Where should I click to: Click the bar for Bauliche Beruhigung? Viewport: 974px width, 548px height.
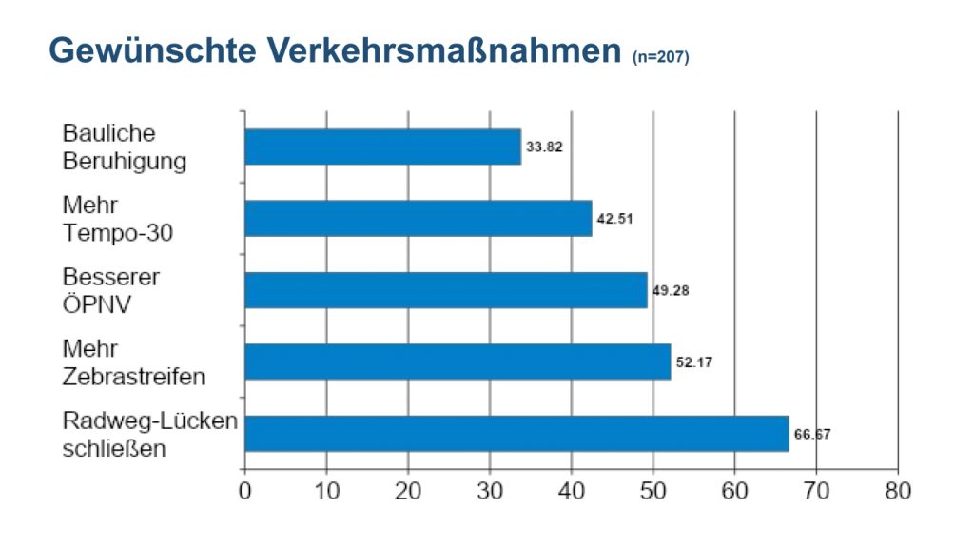click(382, 147)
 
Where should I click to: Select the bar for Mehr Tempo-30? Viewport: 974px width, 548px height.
click(418, 218)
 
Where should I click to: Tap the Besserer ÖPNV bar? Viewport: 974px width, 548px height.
click(445, 289)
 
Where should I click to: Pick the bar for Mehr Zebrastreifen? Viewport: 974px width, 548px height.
click(458, 362)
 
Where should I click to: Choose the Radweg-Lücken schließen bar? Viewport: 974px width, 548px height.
click(516, 433)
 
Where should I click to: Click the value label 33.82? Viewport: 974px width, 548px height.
click(544, 147)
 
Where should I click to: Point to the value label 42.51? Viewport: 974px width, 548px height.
click(614, 219)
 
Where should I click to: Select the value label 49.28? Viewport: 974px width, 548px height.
click(670, 290)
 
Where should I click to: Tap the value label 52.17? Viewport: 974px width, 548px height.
click(694, 362)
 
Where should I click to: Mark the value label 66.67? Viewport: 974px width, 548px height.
click(812, 434)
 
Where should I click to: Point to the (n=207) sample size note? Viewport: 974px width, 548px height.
click(660, 58)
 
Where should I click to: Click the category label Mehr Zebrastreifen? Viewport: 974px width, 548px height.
click(133, 362)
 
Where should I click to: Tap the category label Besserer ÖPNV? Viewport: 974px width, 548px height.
click(111, 289)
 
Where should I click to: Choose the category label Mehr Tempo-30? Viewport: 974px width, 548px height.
click(118, 218)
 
